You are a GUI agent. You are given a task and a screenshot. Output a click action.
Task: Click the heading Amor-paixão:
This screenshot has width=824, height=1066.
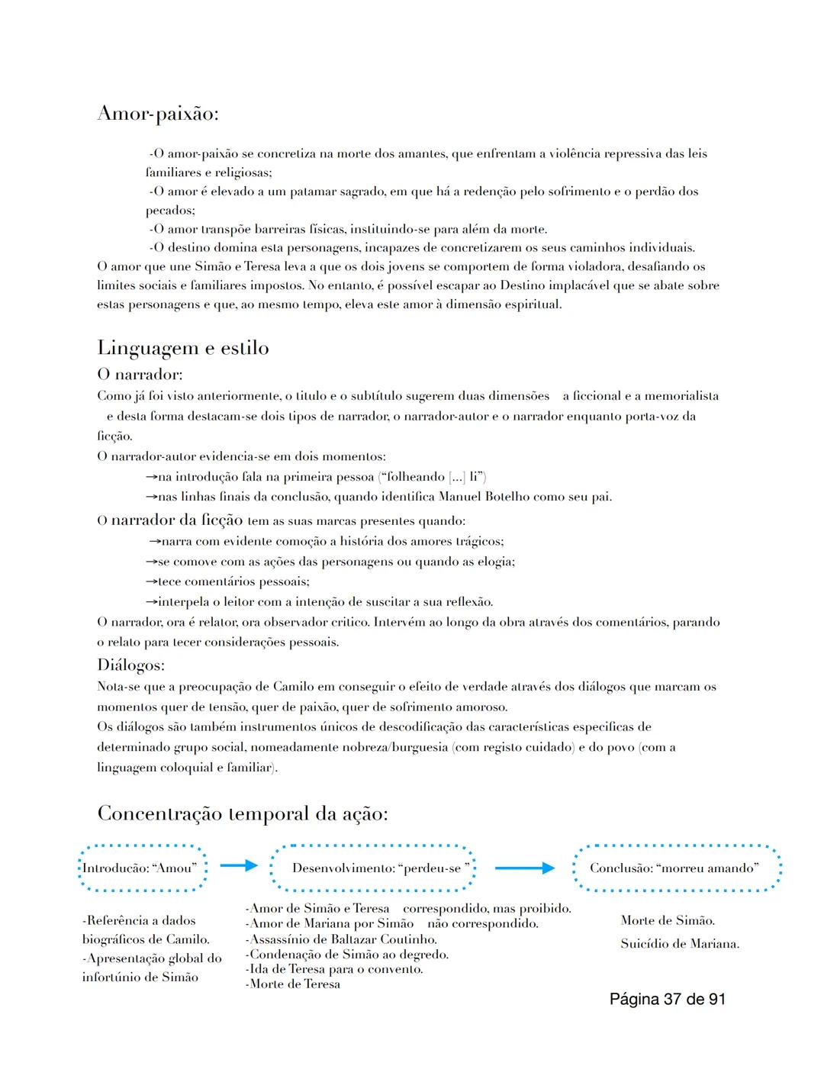click(158, 114)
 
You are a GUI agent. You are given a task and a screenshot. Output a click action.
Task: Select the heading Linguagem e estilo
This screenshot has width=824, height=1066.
click(183, 348)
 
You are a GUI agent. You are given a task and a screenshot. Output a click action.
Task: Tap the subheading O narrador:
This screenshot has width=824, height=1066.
click(140, 375)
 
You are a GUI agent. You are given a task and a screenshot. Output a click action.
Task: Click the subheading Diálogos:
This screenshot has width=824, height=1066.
click(130, 665)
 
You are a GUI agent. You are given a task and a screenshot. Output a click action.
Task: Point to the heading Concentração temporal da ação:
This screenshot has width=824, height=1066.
click(243, 813)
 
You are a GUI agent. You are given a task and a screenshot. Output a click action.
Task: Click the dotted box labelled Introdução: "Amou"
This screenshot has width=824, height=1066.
click(143, 868)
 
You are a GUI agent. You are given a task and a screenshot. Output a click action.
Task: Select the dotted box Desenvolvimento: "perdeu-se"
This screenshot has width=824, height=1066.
click(373, 868)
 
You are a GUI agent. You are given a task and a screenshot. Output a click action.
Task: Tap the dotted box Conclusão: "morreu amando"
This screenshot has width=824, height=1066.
click(676, 868)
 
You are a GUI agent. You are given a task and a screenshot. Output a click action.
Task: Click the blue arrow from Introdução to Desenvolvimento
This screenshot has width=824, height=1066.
click(239, 865)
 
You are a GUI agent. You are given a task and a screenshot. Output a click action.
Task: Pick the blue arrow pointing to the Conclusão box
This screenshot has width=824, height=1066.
click(524, 868)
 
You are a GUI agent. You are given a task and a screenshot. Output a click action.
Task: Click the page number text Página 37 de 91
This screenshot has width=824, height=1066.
click(667, 999)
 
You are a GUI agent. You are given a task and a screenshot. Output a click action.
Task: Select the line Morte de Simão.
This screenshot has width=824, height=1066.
click(668, 920)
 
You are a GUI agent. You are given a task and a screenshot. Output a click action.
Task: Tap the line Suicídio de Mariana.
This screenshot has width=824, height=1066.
click(680, 944)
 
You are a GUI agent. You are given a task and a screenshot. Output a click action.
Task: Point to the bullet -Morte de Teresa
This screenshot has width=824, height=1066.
click(293, 984)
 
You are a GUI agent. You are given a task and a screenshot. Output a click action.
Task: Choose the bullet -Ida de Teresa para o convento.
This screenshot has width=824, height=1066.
click(334, 969)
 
